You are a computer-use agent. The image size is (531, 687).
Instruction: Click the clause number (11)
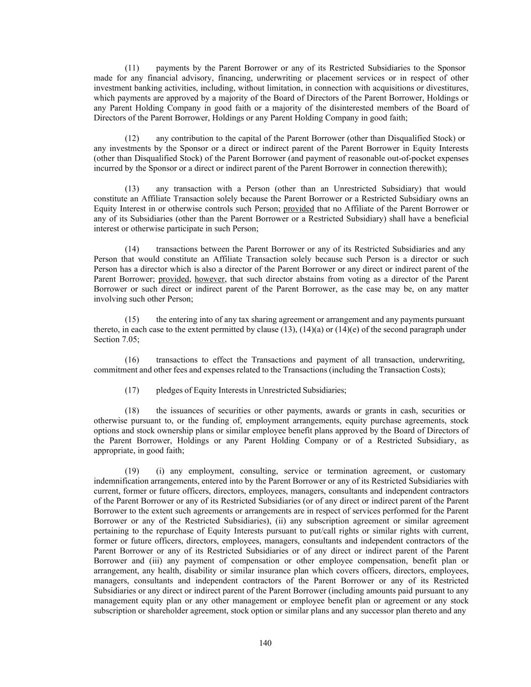coord(132,68)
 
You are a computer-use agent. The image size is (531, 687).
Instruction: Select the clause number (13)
coord(132,189)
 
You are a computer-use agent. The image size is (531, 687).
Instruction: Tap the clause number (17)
coord(132,390)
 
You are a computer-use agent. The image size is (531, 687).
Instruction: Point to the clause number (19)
coord(132,471)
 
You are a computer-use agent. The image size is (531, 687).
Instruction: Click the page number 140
coord(265,643)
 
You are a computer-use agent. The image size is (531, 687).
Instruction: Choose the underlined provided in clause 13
coord(298,209)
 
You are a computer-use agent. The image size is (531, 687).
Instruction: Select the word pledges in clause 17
coord(169,390)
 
